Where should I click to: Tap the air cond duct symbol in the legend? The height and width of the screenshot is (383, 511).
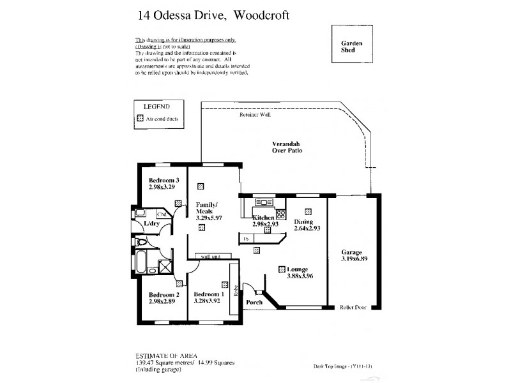141,119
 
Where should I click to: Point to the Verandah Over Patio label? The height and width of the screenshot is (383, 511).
286,147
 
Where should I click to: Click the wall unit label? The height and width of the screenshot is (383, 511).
210,257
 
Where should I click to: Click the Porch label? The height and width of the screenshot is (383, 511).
255,302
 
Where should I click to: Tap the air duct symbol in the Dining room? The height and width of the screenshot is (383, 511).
308,211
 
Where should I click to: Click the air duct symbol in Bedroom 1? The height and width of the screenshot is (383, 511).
225,285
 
